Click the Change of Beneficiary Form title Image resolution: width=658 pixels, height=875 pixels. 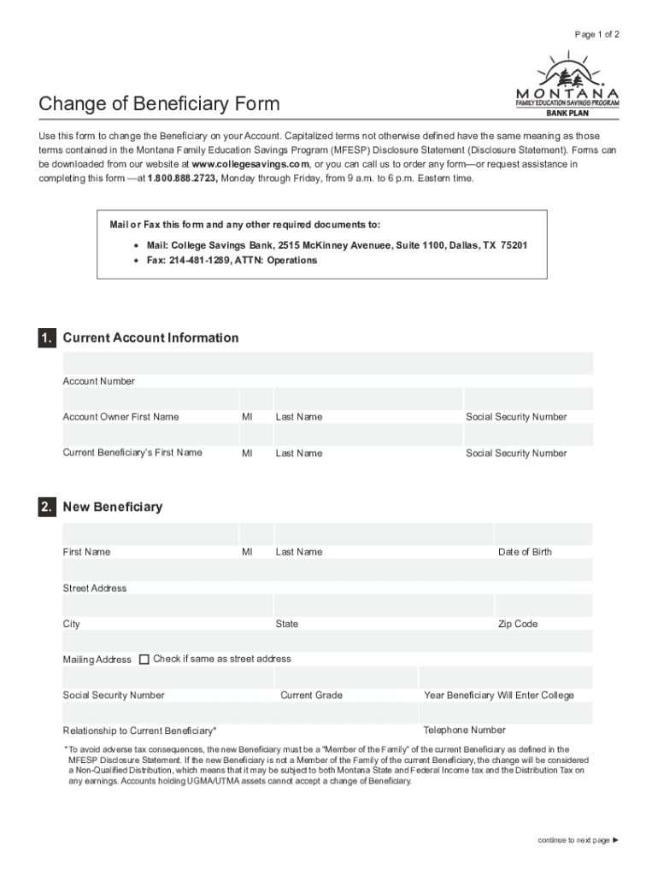click(x=159, y=104)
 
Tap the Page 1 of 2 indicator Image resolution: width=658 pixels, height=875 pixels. click(x=597, y=34)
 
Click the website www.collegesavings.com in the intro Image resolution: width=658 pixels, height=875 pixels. click(x=250, y=164)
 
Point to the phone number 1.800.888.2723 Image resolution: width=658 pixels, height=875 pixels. click(x=183, y=179)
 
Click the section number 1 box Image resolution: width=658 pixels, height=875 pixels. click(x=47, y=338)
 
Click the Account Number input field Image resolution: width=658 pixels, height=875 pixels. click(x=327, y=363)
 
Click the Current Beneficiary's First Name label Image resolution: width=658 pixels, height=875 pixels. click(x=132, y=453)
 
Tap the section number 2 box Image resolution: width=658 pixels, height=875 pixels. click(x=47, y=508)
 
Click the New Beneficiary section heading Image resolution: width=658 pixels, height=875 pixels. click(x=112, y=508)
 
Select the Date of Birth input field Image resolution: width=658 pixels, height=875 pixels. click(x=543, y=534)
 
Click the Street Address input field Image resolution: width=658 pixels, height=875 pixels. click(x=327, y=570)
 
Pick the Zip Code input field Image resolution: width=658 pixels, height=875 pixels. click(x=543, y=606)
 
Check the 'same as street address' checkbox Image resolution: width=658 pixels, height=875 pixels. click(x=144, y=659)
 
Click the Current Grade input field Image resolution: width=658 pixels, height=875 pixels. click(x=346, y=678)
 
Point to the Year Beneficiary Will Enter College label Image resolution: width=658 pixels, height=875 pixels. click(x=499, y=696)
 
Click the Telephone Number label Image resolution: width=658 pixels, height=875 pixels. click(x=464, y=731)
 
